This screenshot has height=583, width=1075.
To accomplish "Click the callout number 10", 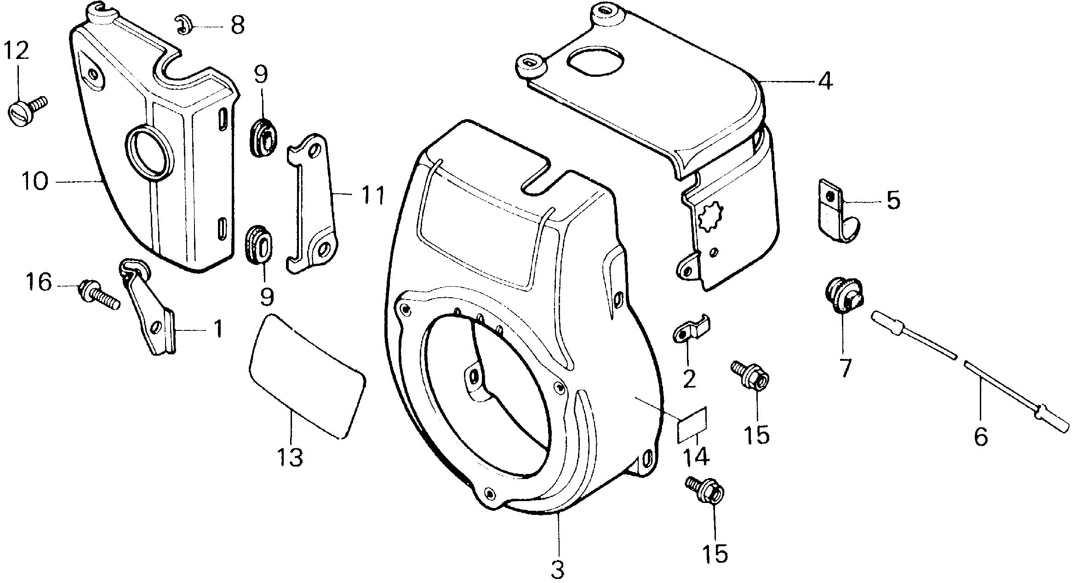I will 34,182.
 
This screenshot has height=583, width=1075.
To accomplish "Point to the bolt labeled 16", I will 99,294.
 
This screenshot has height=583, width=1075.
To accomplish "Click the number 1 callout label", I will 219,329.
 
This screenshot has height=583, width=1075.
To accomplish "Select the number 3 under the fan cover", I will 557,570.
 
